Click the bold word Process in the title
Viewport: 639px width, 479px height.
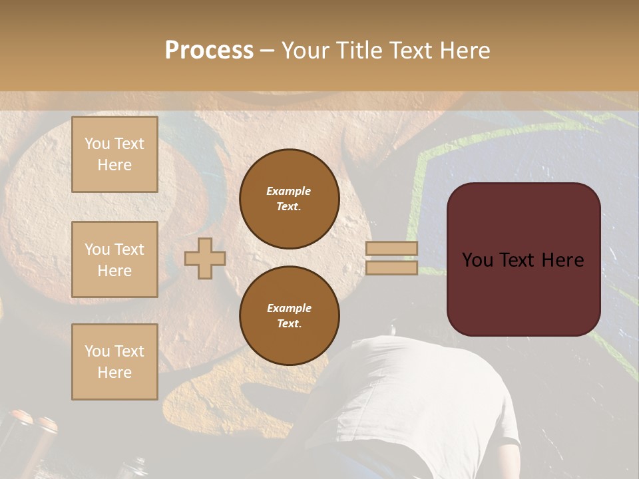[209, 51]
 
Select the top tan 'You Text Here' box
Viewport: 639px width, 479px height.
[114, 154]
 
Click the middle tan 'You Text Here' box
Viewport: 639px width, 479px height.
[114, 259]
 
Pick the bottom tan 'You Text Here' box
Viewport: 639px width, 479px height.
[114, 362]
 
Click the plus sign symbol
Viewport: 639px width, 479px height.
[205, 258]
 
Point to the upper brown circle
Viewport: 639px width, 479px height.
[289, 198]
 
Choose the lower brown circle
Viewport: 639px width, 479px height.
[289, 315]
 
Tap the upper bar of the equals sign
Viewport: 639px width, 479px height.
[391, 248]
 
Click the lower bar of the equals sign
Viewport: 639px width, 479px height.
[391, 267]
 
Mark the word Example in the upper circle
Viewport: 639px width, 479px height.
[289, 191]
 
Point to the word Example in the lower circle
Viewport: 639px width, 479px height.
[289, 308]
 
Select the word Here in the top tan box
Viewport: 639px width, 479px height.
[114, 165]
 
